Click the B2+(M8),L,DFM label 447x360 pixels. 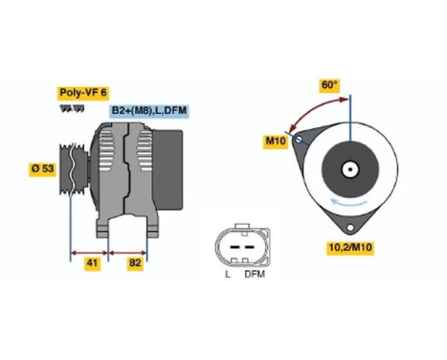coord(149,112)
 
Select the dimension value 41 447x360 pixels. coord(92,261)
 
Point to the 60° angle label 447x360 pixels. coord(329,85)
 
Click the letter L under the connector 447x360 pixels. coord(227,275)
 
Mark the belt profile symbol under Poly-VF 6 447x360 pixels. coord(72,108)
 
